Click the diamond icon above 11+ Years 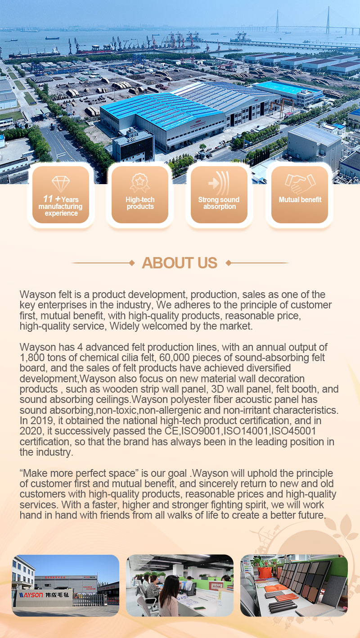(x=61, y=184)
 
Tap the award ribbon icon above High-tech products (x=140, y=183)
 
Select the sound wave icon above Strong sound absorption (x=219, y=183)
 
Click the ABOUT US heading (x=180, y=263)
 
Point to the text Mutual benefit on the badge (x=300, y=200)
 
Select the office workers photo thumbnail (x=180, y=585)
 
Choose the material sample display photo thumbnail (x=294, y=585)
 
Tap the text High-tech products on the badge (x=140, y=203)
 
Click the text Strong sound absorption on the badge (x=219, y=203)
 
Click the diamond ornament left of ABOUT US (x=132, y=262)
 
